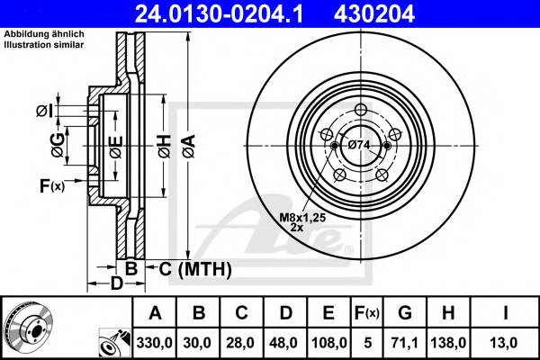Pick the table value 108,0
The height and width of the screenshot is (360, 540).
coord(325,342)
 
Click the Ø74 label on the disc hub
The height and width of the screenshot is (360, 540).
coord(359,144)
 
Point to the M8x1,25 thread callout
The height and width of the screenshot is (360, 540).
coord(301,217)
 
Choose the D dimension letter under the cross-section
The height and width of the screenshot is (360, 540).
coord(116,285)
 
